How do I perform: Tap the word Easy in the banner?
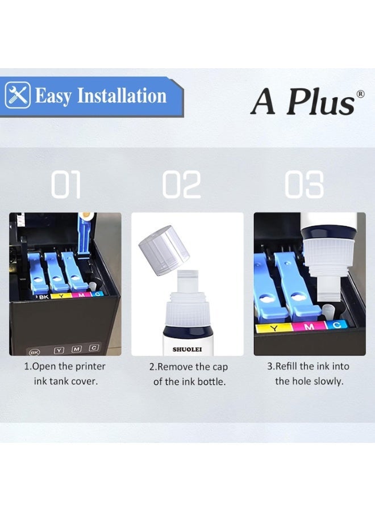[x=55, y=95]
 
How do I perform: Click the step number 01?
[x=66, y=185]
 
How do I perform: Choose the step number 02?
[x=182, y=185]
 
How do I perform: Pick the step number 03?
[x=304, y=185]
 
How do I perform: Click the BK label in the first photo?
[x=43, y=296]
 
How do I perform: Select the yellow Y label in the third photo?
[x=276, y=328]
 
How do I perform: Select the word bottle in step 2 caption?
[x=211, y=382]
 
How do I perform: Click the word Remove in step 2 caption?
[x=176, y=367]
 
